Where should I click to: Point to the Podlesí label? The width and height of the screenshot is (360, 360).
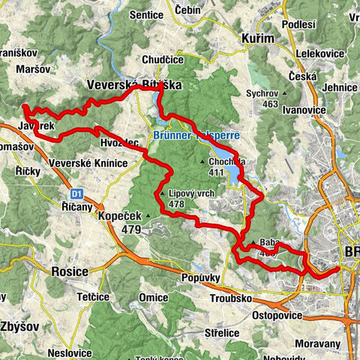pyautogui.click(x=299, y=25)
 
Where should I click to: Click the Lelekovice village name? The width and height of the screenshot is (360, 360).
pyautogui.click(x=319, y=53)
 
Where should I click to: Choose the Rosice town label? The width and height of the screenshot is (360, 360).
pyautogui.click(x=70, y=269)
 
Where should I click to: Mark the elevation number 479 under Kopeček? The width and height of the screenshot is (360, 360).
pyautogui.click(x=130, y=229)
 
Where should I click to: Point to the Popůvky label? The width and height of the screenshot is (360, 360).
pyautogui.click(x=199, y=277)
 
